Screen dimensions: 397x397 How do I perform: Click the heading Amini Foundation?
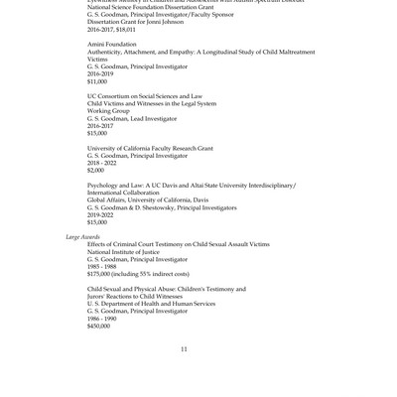click(x=111, y=44)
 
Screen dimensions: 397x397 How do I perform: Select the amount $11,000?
click(x=97, y=81)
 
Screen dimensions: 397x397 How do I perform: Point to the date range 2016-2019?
click(x=100, y=73)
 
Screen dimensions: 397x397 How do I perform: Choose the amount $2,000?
click(x=95, y=170)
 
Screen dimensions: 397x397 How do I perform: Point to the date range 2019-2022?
click(x=100, y=214)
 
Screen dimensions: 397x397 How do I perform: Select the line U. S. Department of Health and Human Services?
click(x=151, y=304)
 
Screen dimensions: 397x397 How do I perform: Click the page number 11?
click(x=184, y=349)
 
